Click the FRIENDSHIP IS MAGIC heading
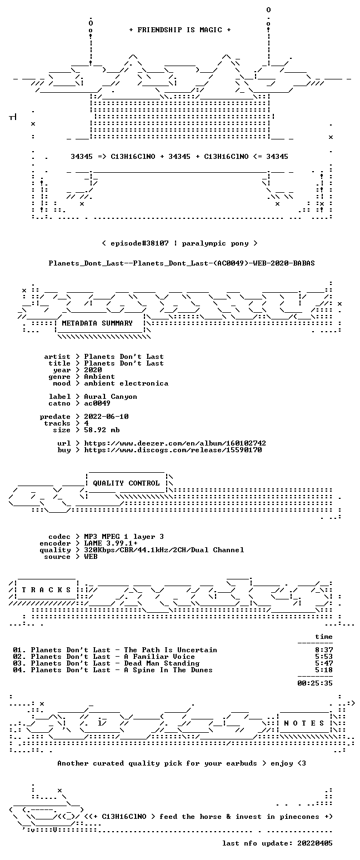(180, 30)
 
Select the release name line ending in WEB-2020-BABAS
(182, 263)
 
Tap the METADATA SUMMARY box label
(97, 323)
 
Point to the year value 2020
(93, 370)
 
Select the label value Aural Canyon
(111, 397)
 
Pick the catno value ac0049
(97, 403)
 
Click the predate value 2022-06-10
(106, 417)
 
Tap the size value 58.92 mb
(102, 430)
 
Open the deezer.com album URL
(175, 443)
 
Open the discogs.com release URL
(173, 450)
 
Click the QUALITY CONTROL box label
(126, 483)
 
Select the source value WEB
(91, 557)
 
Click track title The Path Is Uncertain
(171, 650)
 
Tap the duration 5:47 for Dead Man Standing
(324, 663)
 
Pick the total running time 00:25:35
(315, 683)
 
